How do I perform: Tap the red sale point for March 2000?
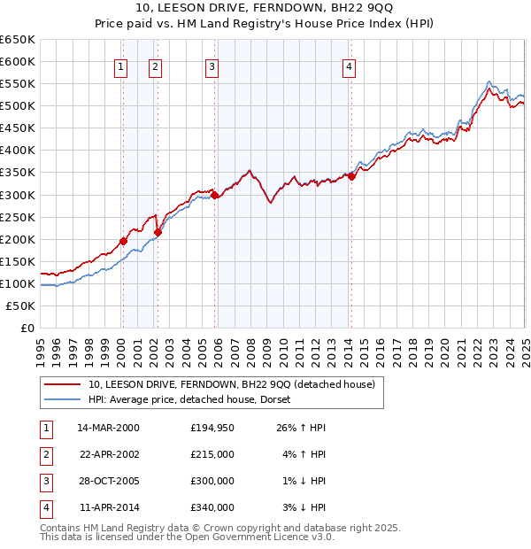(x=124, y=241)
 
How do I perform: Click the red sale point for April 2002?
(x=158, y=232)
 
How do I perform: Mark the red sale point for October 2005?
(x=215, y=195)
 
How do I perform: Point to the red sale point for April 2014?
(x=351, y=176)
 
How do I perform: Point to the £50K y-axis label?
(x=20, y=305)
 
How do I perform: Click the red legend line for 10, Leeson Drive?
(x=63, y=385)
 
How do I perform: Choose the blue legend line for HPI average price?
(x=63, y=400)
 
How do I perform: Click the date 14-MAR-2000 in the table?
(x=108, y=428)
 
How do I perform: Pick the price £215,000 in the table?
(x=212, y=454)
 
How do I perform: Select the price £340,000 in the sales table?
(x=212, y=507)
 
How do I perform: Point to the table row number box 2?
(x=45, y=454)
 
